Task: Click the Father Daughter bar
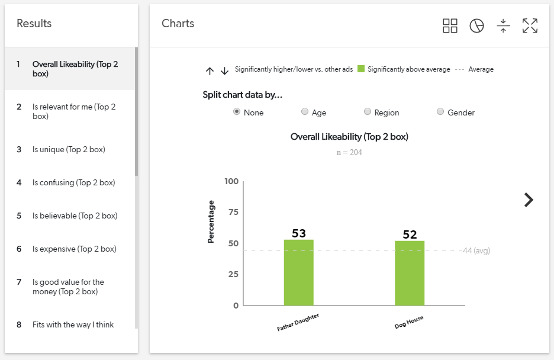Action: (x=298, y=272)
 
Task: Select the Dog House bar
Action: (x=410, y=273)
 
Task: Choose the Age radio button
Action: (x=305, y=112)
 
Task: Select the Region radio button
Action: (x=368, y=112)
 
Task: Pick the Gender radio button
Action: (x=440, y=112)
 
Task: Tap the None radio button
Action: (x=237, y=112)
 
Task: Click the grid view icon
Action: (x=450, y=25)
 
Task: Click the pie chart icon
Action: (x=476, y=25)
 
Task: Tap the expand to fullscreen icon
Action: (x=530, y=25)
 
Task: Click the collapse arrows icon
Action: (x=503, y=25)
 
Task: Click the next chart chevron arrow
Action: (x=529, y=200)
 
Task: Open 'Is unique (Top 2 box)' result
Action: (x=69, y=150)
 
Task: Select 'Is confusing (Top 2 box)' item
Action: (x=73, y=183)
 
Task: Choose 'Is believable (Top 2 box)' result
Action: (x=75, y=216)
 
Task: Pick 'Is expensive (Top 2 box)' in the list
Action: (x=74, y=249)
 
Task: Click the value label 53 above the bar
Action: (x=299, y=233)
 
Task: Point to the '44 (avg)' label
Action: (x=476, y=251)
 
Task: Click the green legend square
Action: (x=361, y=69)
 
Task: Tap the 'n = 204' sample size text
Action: (x=349, y=153)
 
